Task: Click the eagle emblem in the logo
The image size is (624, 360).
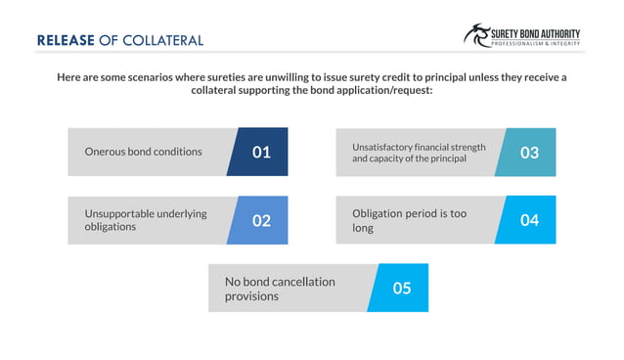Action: pos(478,35)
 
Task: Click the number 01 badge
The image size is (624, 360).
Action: pos(261,152)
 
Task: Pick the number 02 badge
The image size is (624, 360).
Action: pos(261,220)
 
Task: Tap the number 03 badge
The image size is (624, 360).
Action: pos(529,153)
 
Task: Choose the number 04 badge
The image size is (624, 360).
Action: pos(529,220)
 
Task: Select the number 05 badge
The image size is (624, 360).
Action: pos(401,288)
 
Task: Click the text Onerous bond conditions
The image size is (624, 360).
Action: pos(144,152)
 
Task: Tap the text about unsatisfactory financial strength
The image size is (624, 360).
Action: pos(419,153)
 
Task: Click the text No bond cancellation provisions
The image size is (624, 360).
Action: pos(281,288)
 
